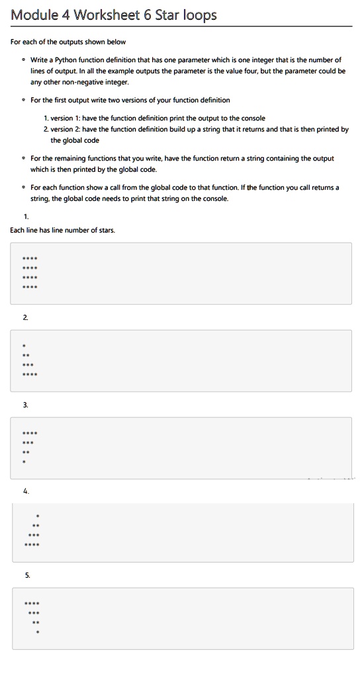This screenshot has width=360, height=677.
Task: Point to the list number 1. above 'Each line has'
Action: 26,216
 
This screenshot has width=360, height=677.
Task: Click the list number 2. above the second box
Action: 26,318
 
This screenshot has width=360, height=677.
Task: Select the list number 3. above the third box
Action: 26,405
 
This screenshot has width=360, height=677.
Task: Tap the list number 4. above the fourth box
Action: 26,491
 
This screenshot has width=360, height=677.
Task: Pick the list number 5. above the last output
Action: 27,576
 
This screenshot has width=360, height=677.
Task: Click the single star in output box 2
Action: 24,345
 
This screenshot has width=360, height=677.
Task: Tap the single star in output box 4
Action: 38,514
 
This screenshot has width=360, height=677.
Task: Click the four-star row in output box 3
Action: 30,433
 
